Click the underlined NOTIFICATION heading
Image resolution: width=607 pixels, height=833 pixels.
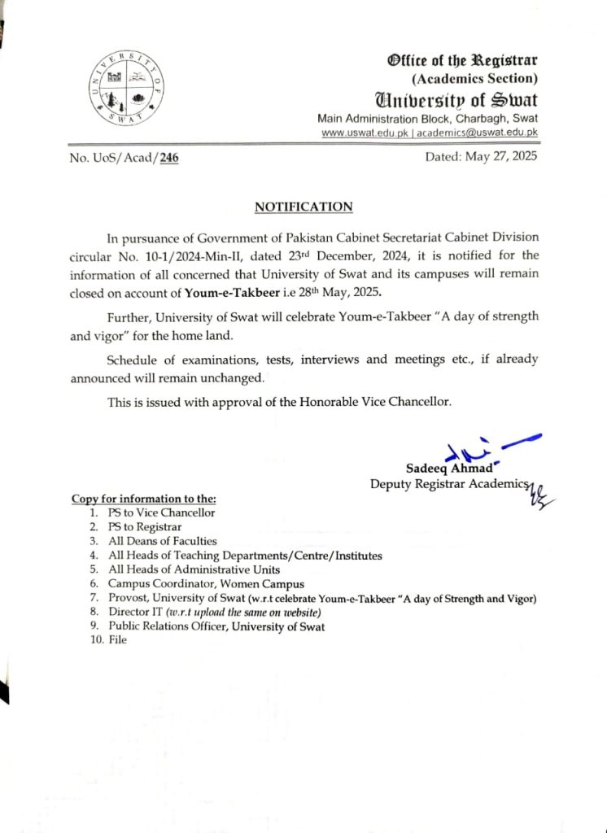pos(303,207)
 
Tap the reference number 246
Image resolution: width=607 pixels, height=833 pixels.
pos(169,158)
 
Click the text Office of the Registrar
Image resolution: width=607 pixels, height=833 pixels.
pos(462,61)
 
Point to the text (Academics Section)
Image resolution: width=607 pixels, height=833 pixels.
pos(475,79)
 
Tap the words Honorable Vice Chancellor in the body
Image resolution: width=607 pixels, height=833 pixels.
pos(373,402)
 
